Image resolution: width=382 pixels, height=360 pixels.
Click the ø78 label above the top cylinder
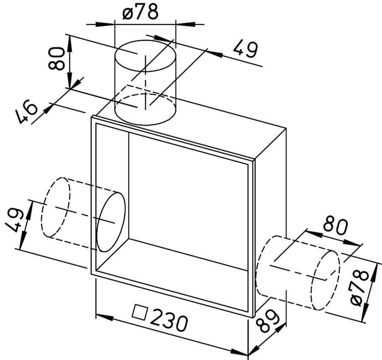pos(140,12)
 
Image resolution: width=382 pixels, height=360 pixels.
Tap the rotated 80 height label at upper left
pos(56,59)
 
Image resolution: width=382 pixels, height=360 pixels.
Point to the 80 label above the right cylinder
pos(335,226)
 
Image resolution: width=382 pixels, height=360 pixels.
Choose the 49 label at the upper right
pos(245,50)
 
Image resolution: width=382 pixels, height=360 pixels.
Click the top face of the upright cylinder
pos(145,56)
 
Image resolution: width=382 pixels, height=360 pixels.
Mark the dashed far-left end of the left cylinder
pos(56,207)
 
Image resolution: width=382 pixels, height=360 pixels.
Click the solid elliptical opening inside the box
pos(111,222)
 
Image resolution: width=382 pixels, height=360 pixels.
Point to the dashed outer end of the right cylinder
pos(326,279)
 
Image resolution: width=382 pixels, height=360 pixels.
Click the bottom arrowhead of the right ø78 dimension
pos(365,314)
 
